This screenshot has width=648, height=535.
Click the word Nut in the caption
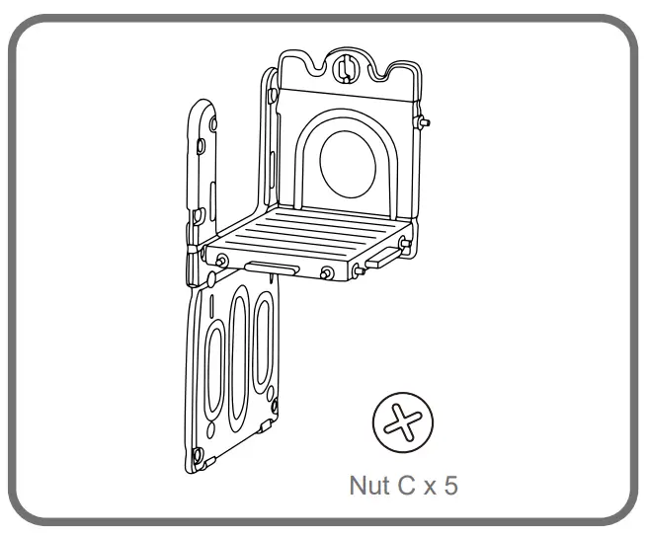pos(369,485)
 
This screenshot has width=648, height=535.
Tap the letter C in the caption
pos(406,485)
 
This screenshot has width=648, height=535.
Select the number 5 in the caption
pos(450,485)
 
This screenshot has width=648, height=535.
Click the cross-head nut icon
pos(403,421)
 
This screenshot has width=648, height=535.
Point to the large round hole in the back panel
pos(348,164)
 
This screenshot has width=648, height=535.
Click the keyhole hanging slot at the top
pos(344,68)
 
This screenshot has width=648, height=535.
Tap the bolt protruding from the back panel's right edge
pos(423,121)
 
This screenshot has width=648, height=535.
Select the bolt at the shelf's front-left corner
pos(222,260)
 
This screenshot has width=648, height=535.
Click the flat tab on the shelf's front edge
pos(272,267)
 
